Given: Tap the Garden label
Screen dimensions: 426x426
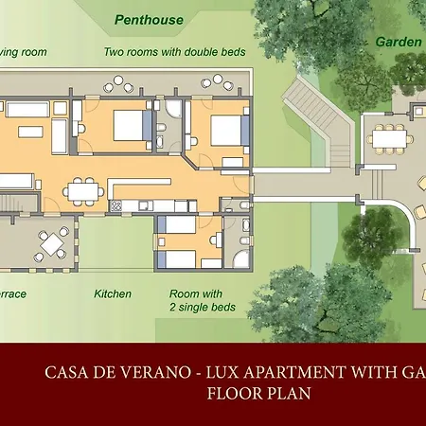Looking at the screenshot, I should pos(398,42).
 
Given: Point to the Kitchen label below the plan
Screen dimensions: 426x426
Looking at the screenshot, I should pos(113,294).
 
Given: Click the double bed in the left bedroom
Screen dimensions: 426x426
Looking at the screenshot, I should pos(131,127).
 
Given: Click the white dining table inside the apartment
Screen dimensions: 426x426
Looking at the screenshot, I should pos(85,192).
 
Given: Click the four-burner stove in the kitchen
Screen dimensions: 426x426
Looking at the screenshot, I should pos(116,204).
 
